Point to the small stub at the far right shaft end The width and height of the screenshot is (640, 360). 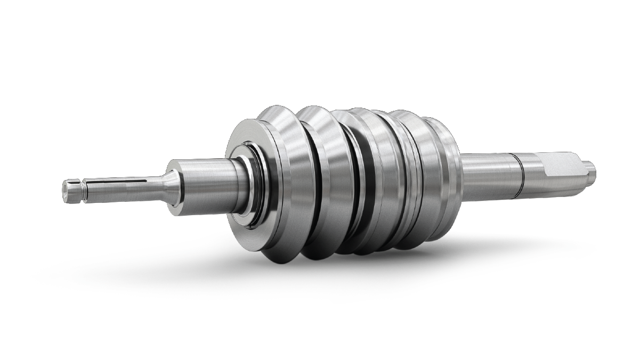(x=590, y=169)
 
